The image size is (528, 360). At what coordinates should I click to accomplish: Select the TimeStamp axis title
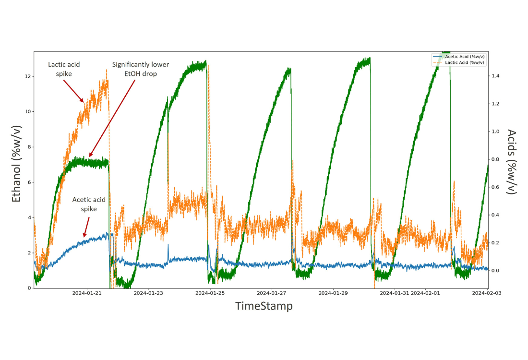[264, 306]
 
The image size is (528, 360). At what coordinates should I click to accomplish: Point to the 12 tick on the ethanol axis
[28, 77]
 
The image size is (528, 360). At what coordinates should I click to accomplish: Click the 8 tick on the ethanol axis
[29, 147]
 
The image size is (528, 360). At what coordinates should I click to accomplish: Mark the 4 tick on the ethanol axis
[29, 218]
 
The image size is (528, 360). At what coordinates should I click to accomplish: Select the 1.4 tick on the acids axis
[494, 76]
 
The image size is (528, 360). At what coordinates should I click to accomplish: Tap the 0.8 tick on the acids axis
[494, 159]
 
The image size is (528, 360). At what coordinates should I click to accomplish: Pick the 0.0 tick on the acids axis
[494, 271]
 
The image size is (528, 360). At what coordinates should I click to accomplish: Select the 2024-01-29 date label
[333, 293]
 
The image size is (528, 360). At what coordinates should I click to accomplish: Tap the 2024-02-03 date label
[487, 293]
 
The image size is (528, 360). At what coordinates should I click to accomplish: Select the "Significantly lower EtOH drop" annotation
[140, 69]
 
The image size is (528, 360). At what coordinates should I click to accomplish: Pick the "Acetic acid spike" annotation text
[89, 204]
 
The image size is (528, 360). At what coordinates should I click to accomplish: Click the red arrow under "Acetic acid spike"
[86, 227]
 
